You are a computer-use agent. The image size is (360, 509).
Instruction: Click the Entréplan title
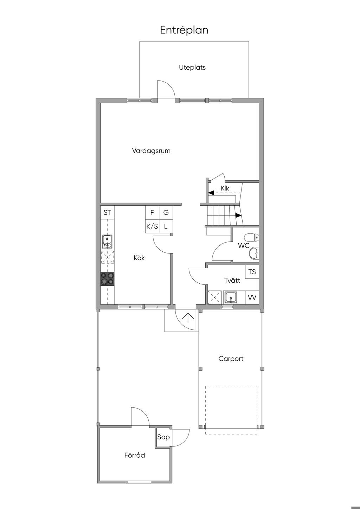184,30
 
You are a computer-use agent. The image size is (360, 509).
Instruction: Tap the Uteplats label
192,67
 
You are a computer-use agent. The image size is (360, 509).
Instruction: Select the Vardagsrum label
151,151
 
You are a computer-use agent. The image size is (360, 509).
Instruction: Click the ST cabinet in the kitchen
108,212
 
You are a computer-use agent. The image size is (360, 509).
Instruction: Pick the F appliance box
152,212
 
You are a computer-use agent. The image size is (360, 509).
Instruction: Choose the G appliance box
166,212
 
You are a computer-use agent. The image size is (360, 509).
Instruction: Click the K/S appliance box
152,226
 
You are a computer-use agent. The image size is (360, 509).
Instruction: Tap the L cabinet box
166,226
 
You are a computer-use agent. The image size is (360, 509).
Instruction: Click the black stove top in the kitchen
108,279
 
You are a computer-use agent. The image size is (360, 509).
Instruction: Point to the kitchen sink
107,242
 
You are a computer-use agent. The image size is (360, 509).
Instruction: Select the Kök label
139,258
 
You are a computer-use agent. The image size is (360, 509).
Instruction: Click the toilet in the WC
251,238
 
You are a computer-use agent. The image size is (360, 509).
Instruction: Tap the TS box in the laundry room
252,272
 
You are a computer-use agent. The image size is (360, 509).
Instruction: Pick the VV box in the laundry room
252,297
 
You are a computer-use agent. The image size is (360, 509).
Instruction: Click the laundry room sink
231,297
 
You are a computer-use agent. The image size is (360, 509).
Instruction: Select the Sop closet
163,437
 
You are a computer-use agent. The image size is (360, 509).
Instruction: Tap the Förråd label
135,455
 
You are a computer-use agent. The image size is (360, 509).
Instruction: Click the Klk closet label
225,188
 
